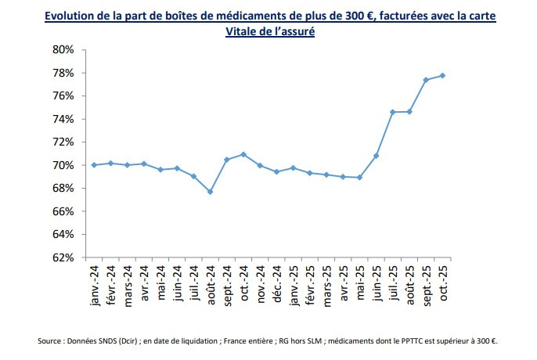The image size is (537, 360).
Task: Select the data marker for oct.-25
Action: click(x=442, y=75)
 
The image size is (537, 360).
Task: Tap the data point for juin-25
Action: click(x=377, y=156)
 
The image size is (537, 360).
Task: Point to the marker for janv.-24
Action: click(x=94, y=165)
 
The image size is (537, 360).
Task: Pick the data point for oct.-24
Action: click(x=244, y=154)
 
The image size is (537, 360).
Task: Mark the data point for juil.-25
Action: click(x=393, y=112)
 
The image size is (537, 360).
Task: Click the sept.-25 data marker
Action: click(x=426, y=80)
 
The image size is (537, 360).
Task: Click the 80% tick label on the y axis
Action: click(x=63, y=49)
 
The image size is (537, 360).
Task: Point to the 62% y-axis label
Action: click(x=63, y=257)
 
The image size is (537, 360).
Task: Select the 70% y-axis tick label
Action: click(x=63, y=165)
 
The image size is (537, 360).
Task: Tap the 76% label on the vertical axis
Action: click(x=63, y=95)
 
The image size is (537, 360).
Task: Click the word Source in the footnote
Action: click(x=51, y=340)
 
